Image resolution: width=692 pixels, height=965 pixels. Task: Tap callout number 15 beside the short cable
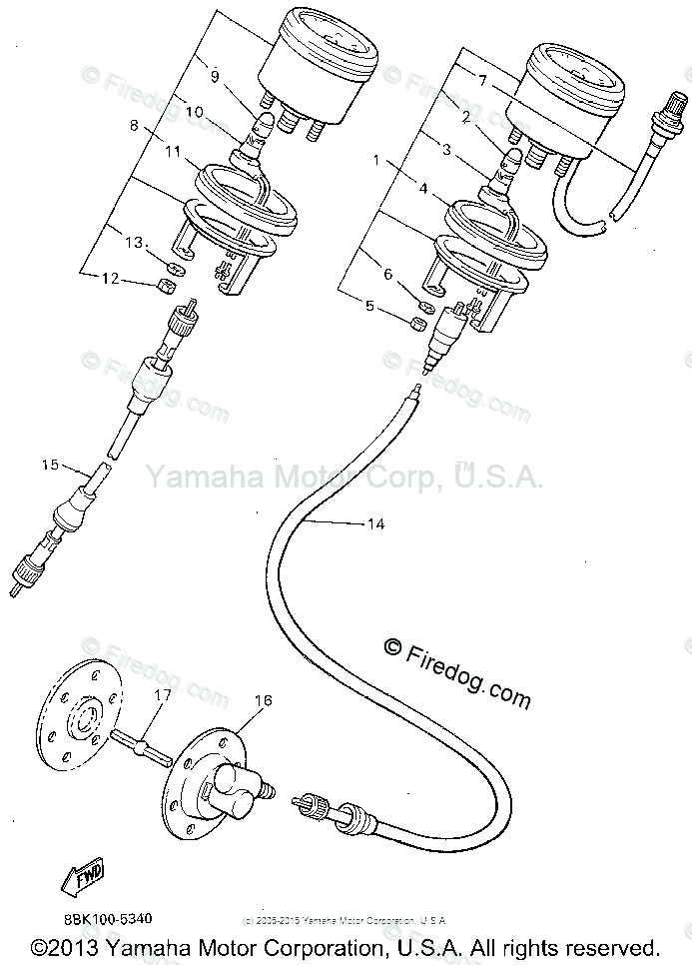pyautogui.click(x=49, y=464)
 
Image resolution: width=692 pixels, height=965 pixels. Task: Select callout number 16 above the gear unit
pyautogui.click(x=263, y=702)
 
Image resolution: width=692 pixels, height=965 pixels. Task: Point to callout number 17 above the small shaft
pyautogui.click(x=162, y=693)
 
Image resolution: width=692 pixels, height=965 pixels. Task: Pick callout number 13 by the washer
pyautogui.click(x=134, y=243)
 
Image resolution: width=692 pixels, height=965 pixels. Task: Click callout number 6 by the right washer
pyautogui.click(x=388, y=274)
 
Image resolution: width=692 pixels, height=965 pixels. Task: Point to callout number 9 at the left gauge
pyautogui.click(x=213, y=75)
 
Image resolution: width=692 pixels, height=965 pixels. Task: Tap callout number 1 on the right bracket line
pyautogui.click(x=376, y=160)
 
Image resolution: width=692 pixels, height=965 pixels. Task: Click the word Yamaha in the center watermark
pyautogui.click(x=191, y=476)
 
